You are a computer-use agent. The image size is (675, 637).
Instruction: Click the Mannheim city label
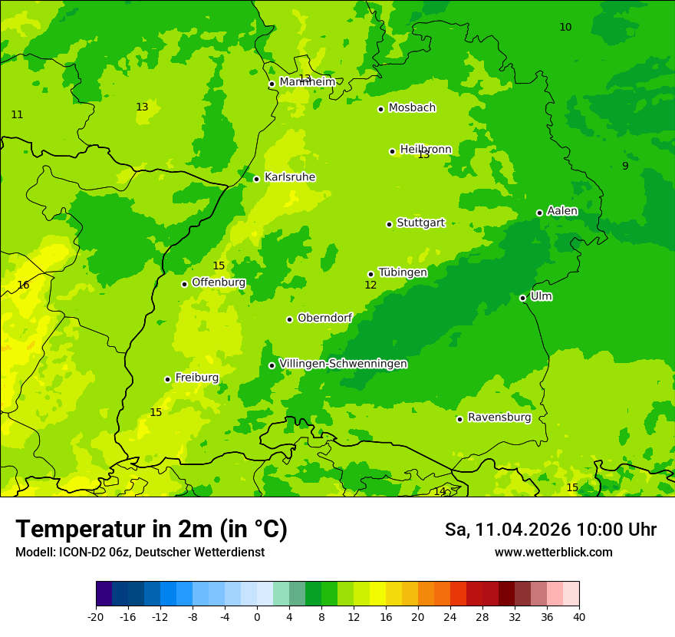pos(307,82)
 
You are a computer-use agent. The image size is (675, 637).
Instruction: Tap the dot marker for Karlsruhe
pos(256,179)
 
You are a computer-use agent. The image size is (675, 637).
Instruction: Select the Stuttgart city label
pos(420,223)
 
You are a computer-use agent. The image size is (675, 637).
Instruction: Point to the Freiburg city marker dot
pos(167,379)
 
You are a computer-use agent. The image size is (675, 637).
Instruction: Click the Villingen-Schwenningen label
pos(343,364)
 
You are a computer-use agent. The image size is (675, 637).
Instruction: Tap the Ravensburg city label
pos(499,418)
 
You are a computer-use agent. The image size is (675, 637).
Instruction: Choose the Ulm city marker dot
pos(522,298)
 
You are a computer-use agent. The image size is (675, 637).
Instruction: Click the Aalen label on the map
pos(562,211)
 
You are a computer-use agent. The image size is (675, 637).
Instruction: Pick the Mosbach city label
pos(412,108)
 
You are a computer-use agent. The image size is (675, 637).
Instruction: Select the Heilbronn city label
pos(426,150)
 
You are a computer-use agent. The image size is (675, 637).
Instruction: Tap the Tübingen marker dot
pos(370,274)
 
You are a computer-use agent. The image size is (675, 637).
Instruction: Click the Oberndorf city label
pos(324,318)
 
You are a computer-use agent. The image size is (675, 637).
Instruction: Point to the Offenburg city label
pos(219,282)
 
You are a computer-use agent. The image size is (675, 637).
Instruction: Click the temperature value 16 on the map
pos(23,285)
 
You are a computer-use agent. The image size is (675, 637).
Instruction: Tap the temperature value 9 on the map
pos(625,167)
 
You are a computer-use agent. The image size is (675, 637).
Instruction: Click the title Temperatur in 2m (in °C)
pos(151,530)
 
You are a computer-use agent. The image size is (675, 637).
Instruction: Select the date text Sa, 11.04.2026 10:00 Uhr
pos(550,530)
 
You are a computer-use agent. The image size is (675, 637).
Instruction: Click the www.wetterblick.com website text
pos(553,553)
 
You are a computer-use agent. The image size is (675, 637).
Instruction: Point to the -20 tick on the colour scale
pos(96,617)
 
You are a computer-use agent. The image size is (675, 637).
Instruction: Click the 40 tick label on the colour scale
pos(579,617)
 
